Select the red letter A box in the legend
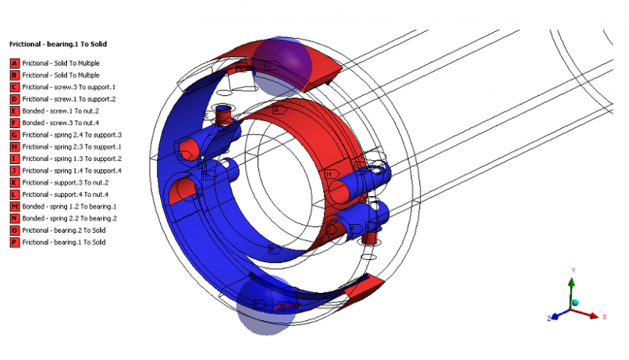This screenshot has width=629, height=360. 14,62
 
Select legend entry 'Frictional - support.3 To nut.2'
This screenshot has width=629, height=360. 67,182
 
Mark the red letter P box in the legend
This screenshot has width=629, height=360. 14,242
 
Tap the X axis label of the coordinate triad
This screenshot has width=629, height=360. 605,315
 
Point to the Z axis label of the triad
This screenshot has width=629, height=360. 549,319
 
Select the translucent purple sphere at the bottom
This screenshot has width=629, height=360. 265,306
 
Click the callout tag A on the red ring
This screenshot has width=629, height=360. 277,111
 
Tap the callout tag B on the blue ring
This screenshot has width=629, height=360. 273,249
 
